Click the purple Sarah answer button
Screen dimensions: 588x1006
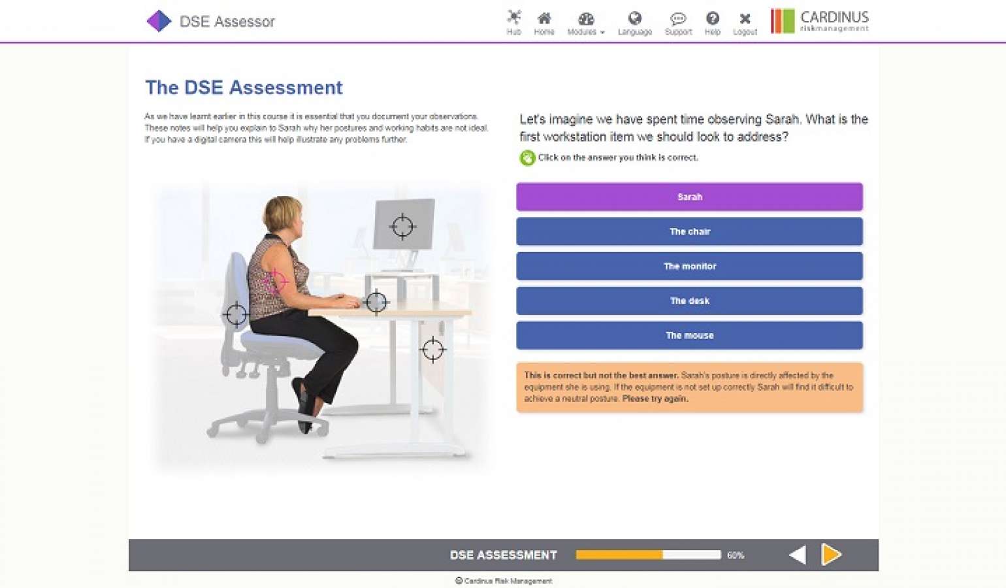689,197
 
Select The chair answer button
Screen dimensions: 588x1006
689,231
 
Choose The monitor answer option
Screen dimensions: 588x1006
689,266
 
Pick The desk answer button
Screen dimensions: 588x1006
689,301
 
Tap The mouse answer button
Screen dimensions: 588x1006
689,335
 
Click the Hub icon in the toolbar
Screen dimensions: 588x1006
514,22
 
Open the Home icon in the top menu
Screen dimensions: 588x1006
544,22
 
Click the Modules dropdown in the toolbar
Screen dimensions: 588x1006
585,22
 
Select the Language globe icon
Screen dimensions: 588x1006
634,22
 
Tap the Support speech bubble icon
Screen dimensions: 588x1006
678,22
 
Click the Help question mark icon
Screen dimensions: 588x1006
712,22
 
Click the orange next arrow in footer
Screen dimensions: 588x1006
831,554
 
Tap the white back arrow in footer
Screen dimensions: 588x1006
798,555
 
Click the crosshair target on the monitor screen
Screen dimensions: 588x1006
402,226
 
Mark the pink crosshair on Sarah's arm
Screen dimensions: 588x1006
276,282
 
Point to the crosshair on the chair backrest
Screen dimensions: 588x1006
236,314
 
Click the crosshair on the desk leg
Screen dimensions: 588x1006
432,350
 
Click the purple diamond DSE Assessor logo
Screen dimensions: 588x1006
159,21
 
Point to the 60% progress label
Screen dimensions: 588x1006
736,555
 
